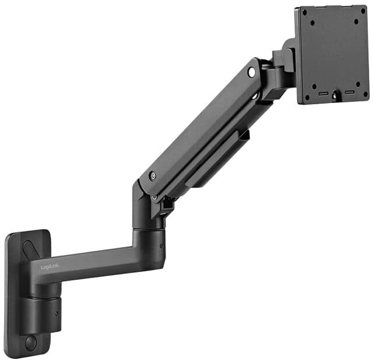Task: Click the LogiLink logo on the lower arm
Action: [x=50, y=266]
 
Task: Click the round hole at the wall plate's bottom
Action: [x=30, y=342]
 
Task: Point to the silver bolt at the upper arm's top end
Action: [x=251, y=72]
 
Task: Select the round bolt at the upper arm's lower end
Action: [x=153, y=175]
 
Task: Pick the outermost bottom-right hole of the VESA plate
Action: [x=364, y=94]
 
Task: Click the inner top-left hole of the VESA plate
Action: [x=311, y=23]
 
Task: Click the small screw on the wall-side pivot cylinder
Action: [x=57, y=313]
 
